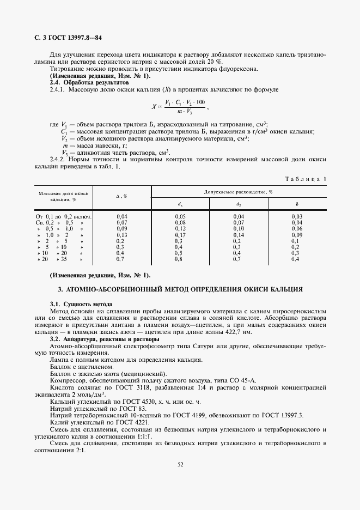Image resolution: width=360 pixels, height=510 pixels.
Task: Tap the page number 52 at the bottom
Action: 180,464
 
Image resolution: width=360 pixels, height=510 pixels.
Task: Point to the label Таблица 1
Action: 307,179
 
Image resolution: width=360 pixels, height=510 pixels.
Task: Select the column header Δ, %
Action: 121,196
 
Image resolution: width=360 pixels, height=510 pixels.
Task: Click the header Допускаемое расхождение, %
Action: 239,192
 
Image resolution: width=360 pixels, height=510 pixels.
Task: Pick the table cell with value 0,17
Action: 180,235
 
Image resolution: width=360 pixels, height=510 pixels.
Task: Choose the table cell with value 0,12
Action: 180,229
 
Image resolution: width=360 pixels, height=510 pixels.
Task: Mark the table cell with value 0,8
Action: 180,259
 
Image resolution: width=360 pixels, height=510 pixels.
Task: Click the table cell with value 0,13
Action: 121,235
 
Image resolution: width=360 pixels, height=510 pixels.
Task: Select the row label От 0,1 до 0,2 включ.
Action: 64,217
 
